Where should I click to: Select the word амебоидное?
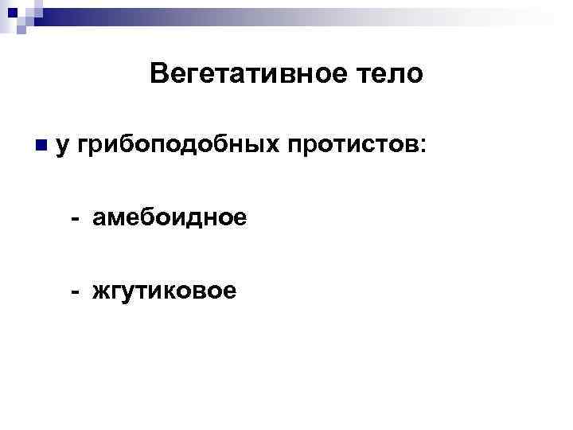tap(169, 217)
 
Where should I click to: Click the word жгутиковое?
tap(164, 291)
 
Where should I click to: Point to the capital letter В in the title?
tap(157, 75)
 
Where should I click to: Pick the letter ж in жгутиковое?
tap(101, 291)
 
